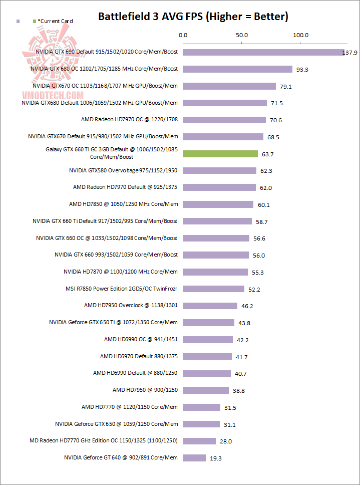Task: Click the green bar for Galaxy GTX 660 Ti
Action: coord(220,154)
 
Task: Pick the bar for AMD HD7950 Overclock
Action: coord(210,306)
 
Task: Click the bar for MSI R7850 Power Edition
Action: coord(214,289)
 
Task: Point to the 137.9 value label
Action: coord(349,53)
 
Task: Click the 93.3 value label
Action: coord(302,70)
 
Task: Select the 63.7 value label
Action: coord(267,154)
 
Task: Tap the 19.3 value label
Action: coord(215,458)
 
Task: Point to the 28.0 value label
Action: coord(225,441)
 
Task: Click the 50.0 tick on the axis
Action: coord(242,36)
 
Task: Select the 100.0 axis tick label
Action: coord(301,36)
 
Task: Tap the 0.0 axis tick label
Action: coord(183,36)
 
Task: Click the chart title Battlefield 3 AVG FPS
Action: coord(193,17)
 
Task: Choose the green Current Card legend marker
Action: coord(34,22)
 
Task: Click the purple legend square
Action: coord(18,22)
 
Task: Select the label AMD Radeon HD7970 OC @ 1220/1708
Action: coord(129,120)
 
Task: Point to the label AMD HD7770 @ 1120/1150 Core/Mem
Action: coord(130,407)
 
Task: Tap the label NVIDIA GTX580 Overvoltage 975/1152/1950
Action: coord(123,170)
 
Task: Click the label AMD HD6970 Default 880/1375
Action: coord(139,356)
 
